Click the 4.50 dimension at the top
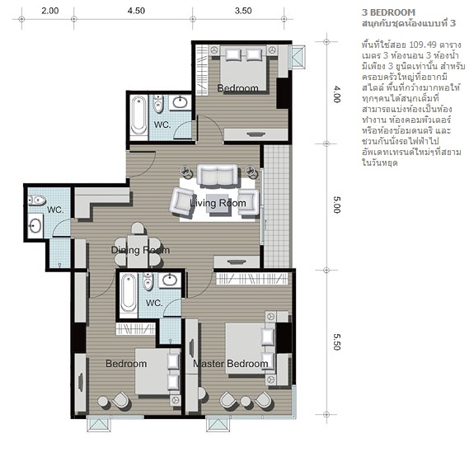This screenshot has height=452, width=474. point(136,11)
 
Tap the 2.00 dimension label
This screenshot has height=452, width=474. point(50,11)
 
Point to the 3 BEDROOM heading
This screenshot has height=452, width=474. point(388,12)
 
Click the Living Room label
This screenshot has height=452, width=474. point(218,203)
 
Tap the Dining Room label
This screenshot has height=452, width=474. point(140,250)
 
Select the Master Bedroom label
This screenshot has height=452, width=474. point(230,364)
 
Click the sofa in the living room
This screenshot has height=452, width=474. point(217,175)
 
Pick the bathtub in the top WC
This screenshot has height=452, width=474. point(138,115)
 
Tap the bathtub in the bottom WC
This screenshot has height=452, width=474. point(128,293)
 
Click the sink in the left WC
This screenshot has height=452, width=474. point(35,226)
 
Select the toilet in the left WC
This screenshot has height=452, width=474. point(36,200)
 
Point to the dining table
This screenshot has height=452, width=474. point(138,251)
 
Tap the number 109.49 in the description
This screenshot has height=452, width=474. point(423,45)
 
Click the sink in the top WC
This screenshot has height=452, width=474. point(181,102)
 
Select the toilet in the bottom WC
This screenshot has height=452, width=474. point(148,280)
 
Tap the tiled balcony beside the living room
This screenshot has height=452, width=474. point(277,206)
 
